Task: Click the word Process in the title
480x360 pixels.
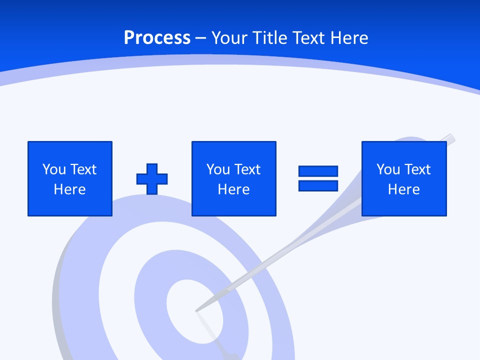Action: click(157, 38)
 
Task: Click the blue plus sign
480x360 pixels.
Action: click(152, 179)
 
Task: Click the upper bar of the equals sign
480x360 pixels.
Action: click(318, 171)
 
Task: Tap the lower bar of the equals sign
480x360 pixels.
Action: click(318, 186)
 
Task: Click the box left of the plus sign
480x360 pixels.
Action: click(70, 178)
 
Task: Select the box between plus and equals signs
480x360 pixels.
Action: click(233, 178)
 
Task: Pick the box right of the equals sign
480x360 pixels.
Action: click(404, 178)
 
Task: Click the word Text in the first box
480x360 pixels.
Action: click(83, 169)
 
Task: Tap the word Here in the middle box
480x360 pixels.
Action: click(233, 189)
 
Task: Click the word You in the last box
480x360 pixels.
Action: click(388, 169)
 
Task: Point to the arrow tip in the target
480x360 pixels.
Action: click(197, 310)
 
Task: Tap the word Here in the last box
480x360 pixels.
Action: click(404, 189)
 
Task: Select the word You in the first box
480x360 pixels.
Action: click(54, 169)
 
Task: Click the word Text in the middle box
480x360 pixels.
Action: click(247, 169)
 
